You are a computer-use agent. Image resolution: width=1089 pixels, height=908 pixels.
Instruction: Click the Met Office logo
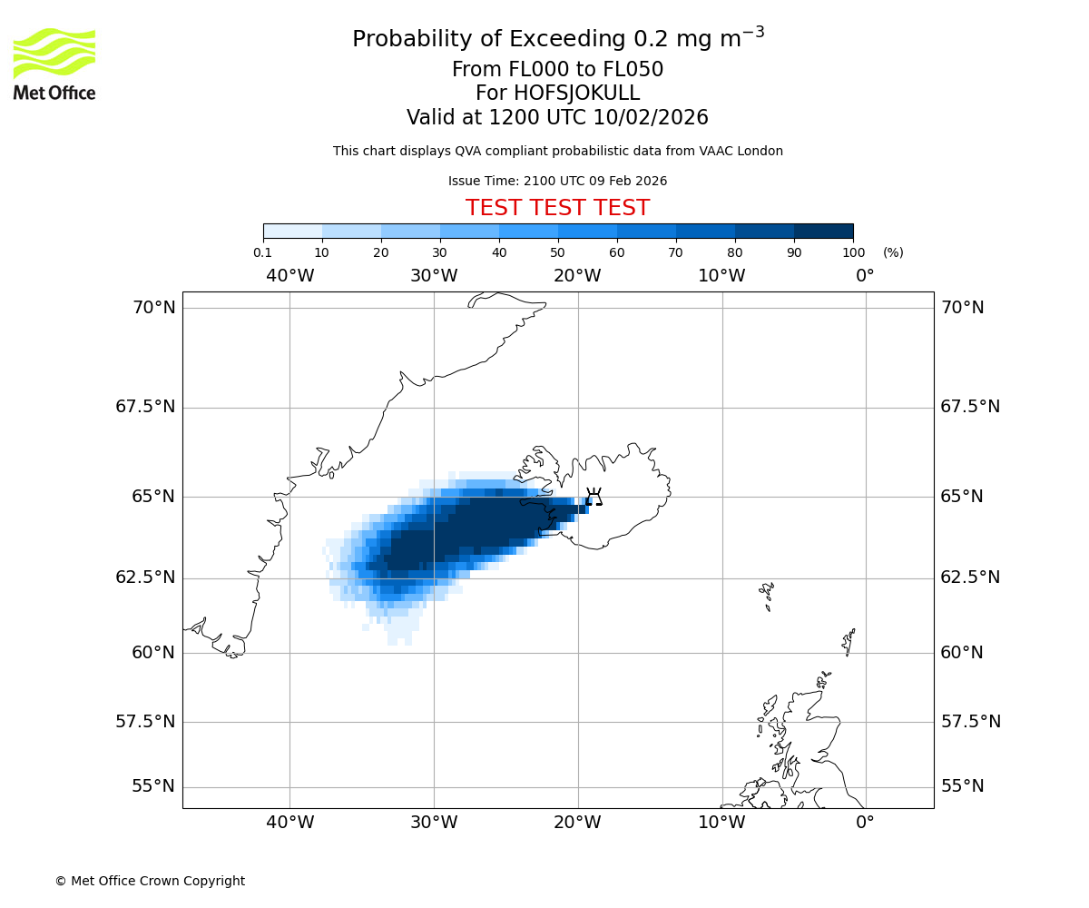54,64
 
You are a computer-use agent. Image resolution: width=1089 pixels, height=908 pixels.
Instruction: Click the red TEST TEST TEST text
557,209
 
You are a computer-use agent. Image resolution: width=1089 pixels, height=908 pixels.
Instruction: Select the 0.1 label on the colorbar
262,252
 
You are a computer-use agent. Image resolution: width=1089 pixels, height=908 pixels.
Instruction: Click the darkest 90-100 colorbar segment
823,231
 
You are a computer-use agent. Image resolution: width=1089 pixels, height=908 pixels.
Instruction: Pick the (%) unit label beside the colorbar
893,252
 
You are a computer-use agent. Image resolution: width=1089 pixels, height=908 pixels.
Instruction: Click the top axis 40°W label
289,275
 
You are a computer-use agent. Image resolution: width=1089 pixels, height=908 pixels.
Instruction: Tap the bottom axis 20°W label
577,823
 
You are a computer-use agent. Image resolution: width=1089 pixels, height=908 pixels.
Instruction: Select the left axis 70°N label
153,308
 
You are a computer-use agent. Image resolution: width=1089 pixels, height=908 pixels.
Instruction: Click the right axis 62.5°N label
970,577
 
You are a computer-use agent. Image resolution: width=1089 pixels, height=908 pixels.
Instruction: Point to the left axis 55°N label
153,786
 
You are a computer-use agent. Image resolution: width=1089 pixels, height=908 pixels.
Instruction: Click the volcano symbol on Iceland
594,497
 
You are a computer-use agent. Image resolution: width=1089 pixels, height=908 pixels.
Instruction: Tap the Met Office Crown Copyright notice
150,881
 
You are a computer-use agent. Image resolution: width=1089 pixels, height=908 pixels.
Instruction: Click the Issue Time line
557,182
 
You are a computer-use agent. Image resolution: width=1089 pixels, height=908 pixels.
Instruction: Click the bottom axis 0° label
865,823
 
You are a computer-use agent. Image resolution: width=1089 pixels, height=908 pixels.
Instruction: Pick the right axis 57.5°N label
970,722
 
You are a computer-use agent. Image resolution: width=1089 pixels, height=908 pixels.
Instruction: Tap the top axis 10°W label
721,275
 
